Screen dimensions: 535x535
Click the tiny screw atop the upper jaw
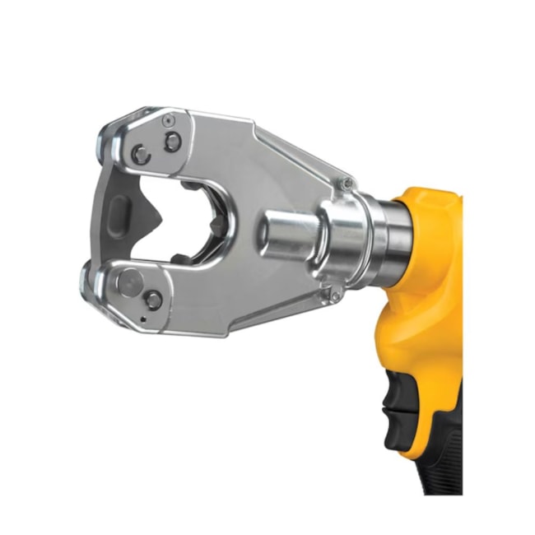168,120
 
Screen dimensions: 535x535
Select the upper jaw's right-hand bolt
172,142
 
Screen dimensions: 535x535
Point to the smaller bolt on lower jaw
154,300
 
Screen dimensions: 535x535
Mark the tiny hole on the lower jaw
142,319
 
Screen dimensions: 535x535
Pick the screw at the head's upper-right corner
348,183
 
